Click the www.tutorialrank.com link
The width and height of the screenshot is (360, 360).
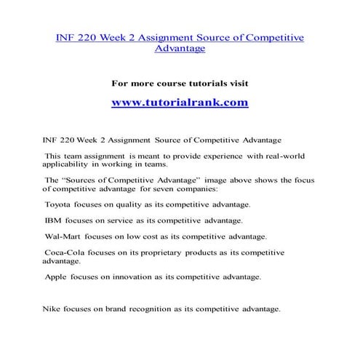click(x=180, y=103)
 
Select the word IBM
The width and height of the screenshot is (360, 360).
click(x=53, y=220)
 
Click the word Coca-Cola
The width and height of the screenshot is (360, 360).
click(x=65, y=252)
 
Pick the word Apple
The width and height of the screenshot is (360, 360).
click(x=57, y=277)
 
